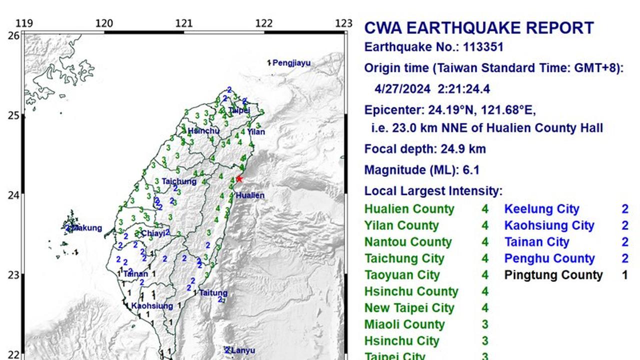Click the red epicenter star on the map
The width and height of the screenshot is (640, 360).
239,179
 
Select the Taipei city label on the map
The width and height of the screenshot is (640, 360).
239,110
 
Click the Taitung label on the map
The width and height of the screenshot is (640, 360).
213,293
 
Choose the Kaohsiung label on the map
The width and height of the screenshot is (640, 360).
152,306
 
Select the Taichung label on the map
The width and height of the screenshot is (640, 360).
179,181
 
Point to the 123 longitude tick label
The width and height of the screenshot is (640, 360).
344,23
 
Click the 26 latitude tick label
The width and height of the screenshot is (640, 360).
14,35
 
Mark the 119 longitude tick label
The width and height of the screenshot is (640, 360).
24,23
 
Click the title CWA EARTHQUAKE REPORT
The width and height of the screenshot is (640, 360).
478,28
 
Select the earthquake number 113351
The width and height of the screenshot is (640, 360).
483,47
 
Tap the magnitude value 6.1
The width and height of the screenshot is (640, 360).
471,170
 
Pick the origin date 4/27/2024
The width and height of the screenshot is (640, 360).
402,89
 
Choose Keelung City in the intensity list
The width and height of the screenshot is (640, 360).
541,209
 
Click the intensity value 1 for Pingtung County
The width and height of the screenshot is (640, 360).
624,275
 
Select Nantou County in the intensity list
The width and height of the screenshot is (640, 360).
407,242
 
